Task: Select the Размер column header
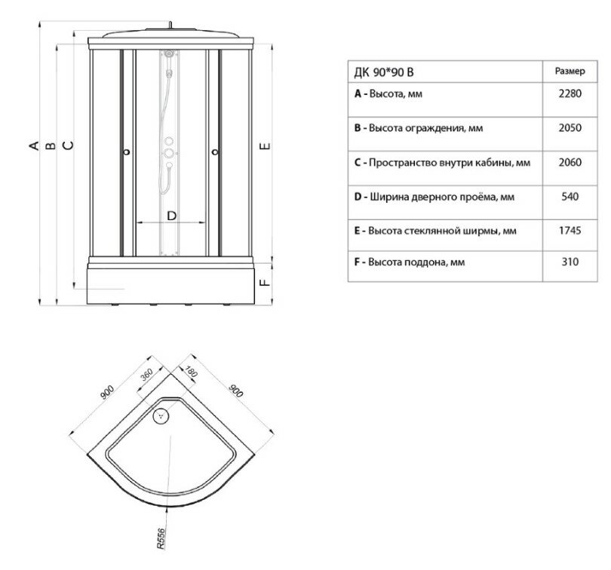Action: [x=570, y=72]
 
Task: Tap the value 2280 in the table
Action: [x=570, y=95]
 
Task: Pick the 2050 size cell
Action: [x=570, y=128]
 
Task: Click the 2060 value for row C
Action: [x=570, y=162]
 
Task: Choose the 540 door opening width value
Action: [x=570, y=197]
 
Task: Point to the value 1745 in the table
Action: [x=570, y=230]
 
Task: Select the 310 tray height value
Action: [x=570, y=263]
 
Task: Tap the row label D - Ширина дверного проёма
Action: [x=434, y=197]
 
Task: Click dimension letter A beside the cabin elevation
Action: [x=34, y=145]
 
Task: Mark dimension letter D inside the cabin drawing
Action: [x=171, y=216]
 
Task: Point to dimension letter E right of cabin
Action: [x=264, y=145]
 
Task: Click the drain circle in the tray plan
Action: [x=160, y=414]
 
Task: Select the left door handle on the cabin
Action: [x=125, y=153]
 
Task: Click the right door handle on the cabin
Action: [x=217, y=153]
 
